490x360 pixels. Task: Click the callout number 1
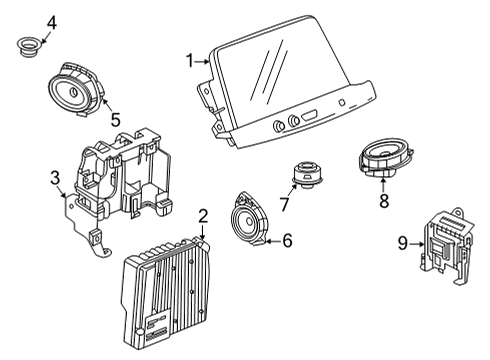click(x=188, y=60)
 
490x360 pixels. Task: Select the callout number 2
click(x=202, y=215)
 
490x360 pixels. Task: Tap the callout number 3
click(x=56, y=179)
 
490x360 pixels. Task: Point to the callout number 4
click(x=23, y=20)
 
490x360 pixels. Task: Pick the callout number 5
click(x=115, y=120)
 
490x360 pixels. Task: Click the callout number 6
click(x=286, y=240)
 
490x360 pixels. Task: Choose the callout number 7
click(x=284, y=204)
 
